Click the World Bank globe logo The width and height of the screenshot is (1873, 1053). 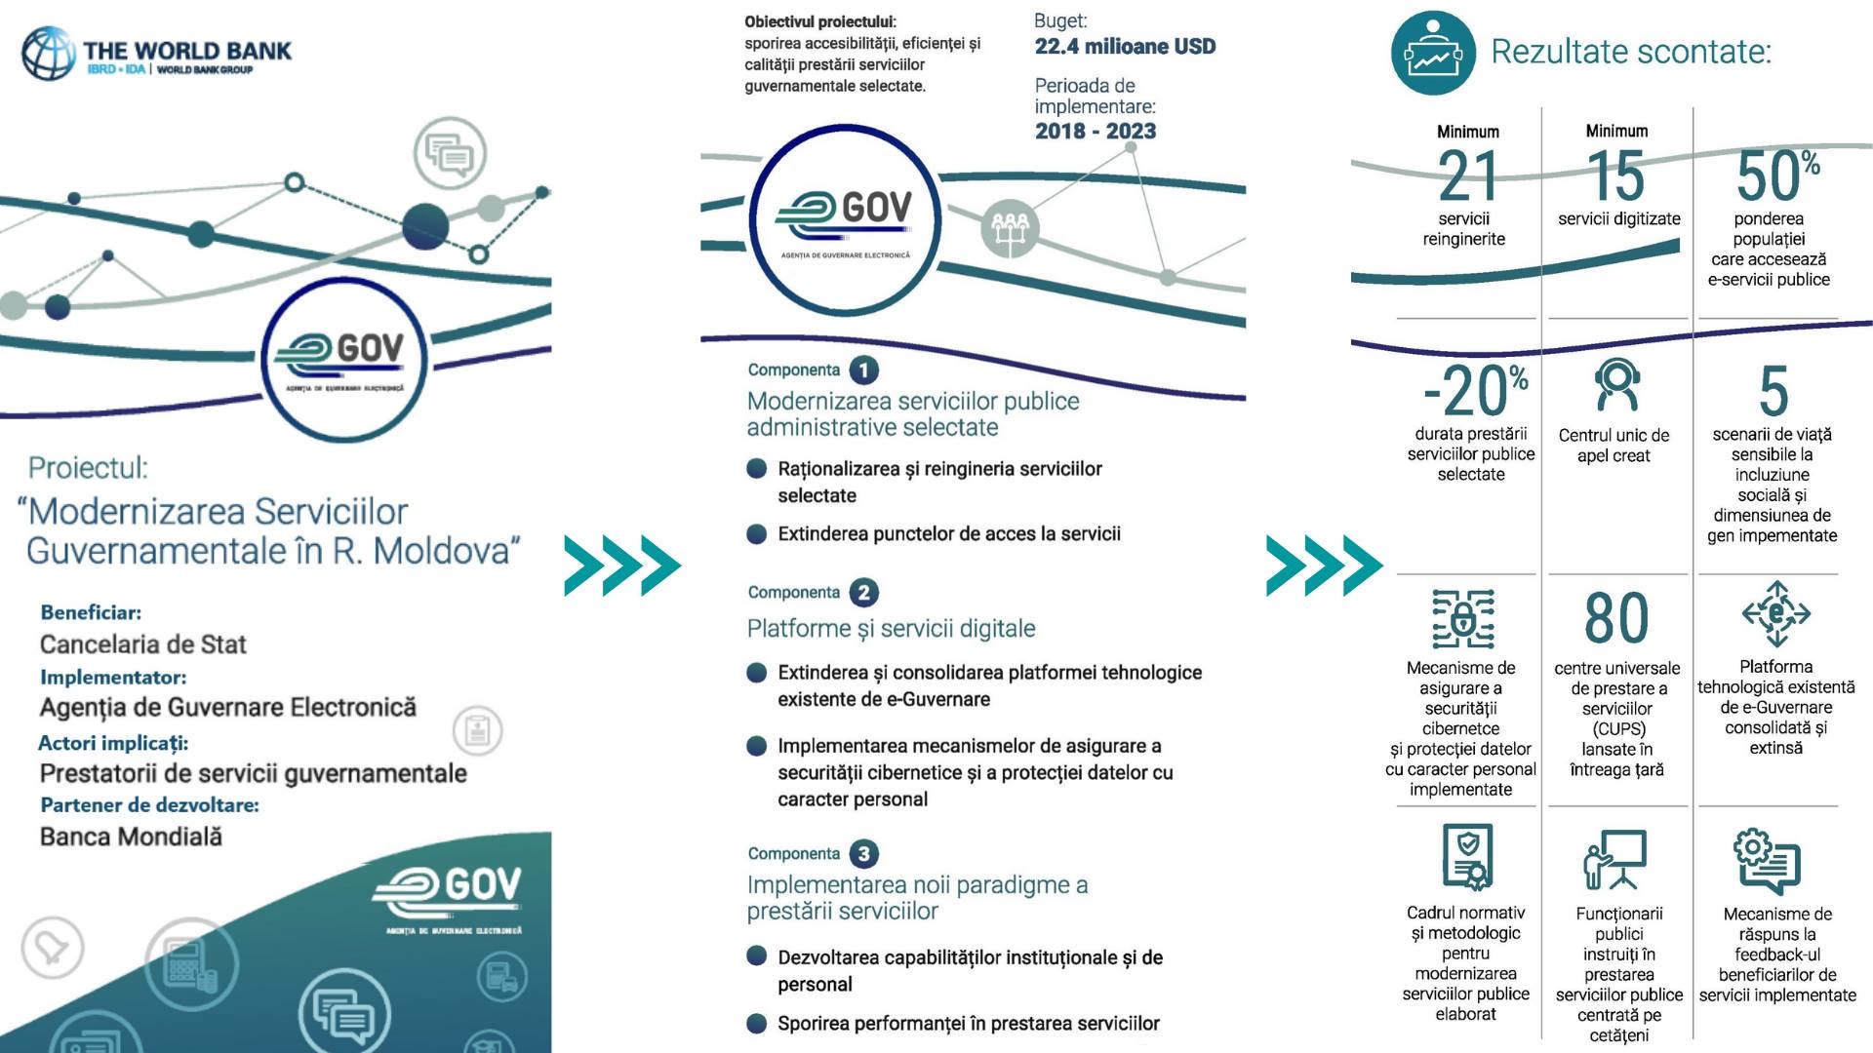49,53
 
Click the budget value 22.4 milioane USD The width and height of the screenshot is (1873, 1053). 1125,46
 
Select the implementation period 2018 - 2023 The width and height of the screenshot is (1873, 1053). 1096,131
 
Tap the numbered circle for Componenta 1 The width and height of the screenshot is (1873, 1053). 863,370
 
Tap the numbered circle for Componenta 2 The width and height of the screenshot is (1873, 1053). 863,593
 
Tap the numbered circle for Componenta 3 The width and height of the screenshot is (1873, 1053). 863,854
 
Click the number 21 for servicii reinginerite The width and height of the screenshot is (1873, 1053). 1467,176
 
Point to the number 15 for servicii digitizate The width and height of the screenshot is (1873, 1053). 1616,176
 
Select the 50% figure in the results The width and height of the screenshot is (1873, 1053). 1777,175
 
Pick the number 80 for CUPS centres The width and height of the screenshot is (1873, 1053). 1616,618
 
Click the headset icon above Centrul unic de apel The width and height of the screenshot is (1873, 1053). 1616,385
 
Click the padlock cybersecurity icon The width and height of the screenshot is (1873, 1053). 1462,618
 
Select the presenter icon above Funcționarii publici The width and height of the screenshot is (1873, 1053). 1615,859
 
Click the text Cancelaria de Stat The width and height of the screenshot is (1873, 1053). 143,644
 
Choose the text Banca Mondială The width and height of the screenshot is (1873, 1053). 131,837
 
